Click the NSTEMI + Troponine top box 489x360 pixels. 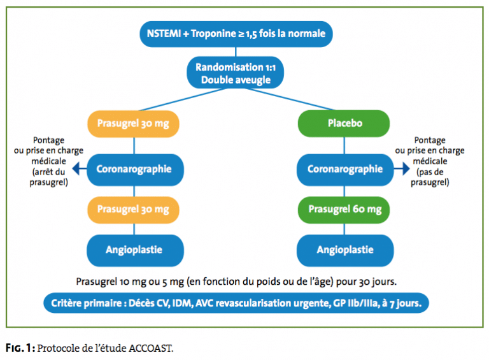[236, 34]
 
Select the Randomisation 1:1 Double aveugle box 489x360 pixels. [236, 73]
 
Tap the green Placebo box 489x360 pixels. [344, 124]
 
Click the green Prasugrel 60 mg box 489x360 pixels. [344, 210]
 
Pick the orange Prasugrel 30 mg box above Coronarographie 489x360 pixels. [133, 124]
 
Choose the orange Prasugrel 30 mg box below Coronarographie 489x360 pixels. [133, 210]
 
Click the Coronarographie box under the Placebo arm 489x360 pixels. [345, 169]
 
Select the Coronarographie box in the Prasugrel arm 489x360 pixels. [135, 169]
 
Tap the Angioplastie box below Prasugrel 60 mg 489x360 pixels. [345, 250]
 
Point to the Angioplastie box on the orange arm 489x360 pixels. [135, 250]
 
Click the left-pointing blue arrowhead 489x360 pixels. [76, 169]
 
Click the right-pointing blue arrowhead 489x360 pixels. [406, 169]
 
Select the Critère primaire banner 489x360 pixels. [236, 303]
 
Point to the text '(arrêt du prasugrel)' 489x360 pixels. [48, 177]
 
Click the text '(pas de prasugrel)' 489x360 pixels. [430, 177]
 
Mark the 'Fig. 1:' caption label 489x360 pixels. [20, 348]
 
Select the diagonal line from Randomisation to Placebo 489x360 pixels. [290, 99]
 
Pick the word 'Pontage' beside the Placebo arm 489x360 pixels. [430, 140]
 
